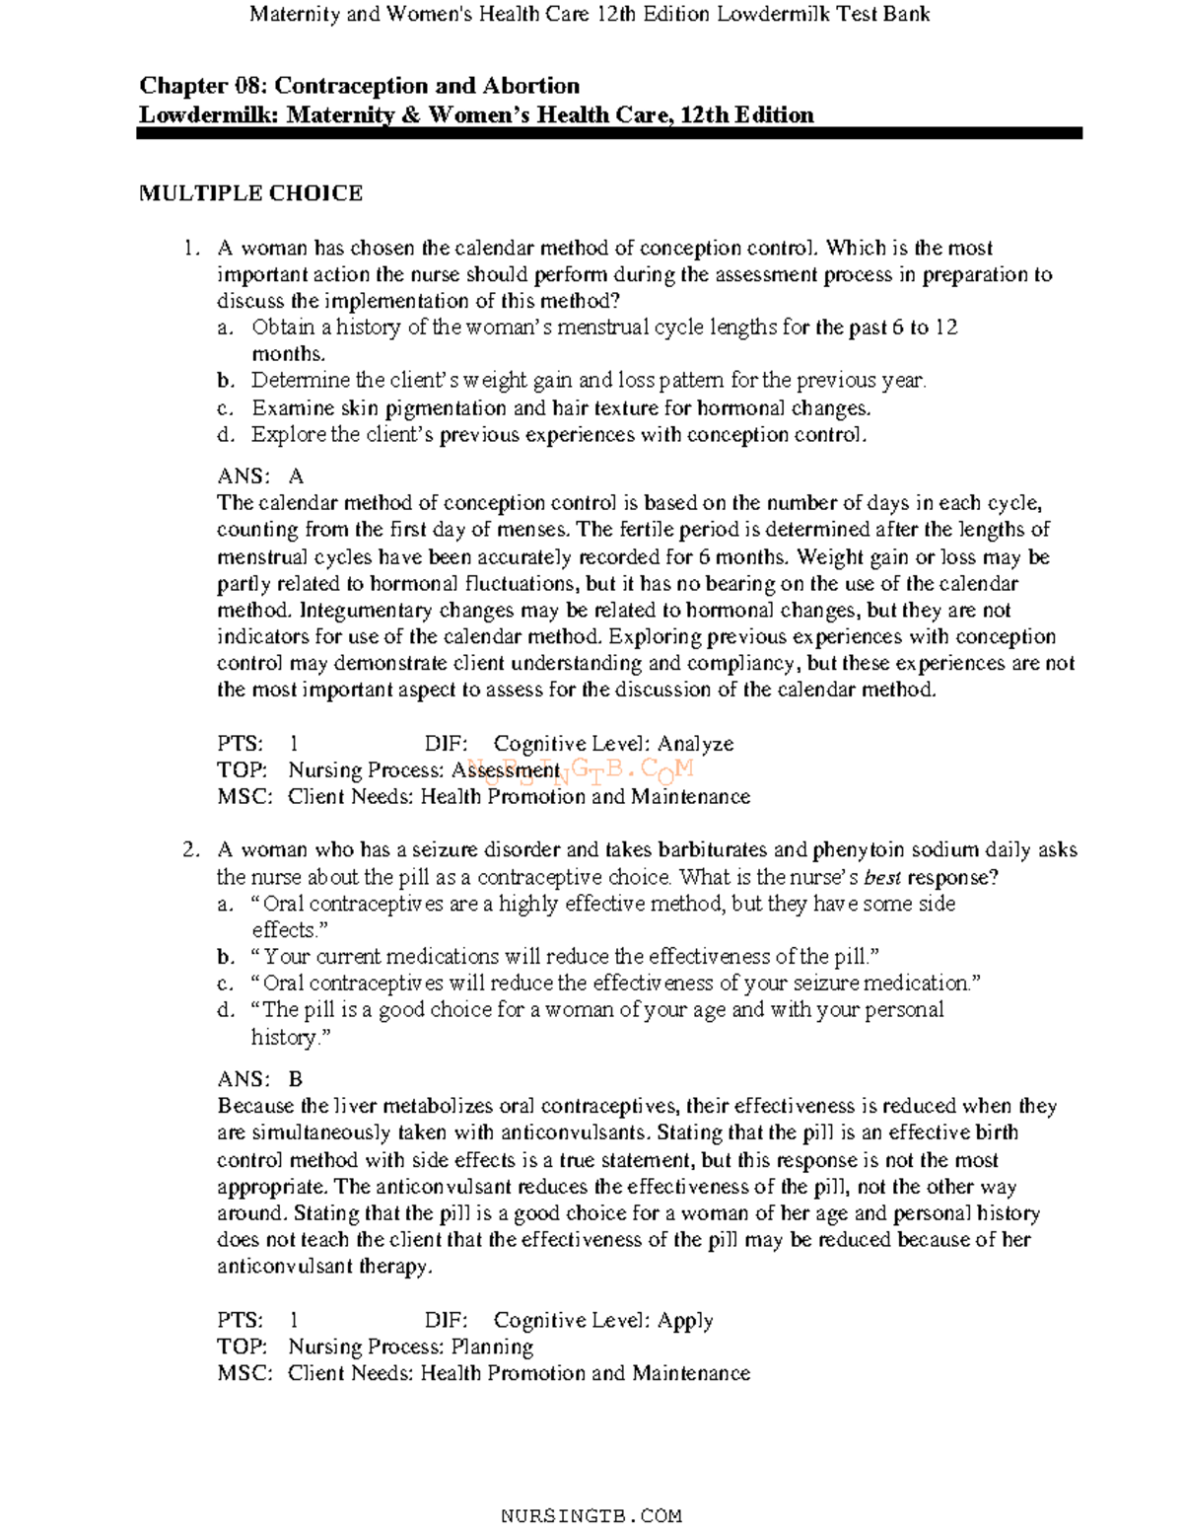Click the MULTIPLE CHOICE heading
(250, 193)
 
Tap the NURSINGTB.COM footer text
(591, 1515)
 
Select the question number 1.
(190, 249)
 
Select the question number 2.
(190, 850)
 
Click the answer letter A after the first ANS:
(296, 476)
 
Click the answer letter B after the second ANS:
(296, 1079)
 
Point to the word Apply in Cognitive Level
(685, 1320)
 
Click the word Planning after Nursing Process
(492, 1347)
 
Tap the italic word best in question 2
(882, 878)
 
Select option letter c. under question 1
(226, 408)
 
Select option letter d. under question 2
(226, 1010)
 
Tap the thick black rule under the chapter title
(609, 133)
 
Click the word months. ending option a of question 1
(288, 354)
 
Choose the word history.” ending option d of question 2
(291, 1038)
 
